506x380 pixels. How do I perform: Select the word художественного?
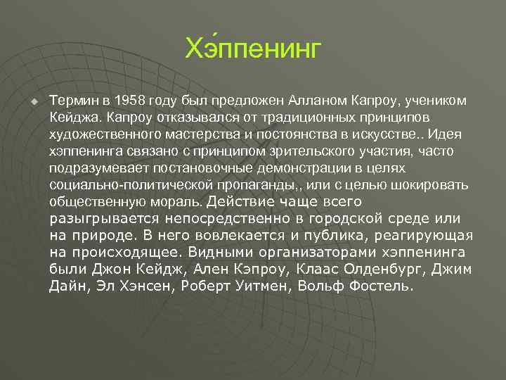point(96,134)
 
